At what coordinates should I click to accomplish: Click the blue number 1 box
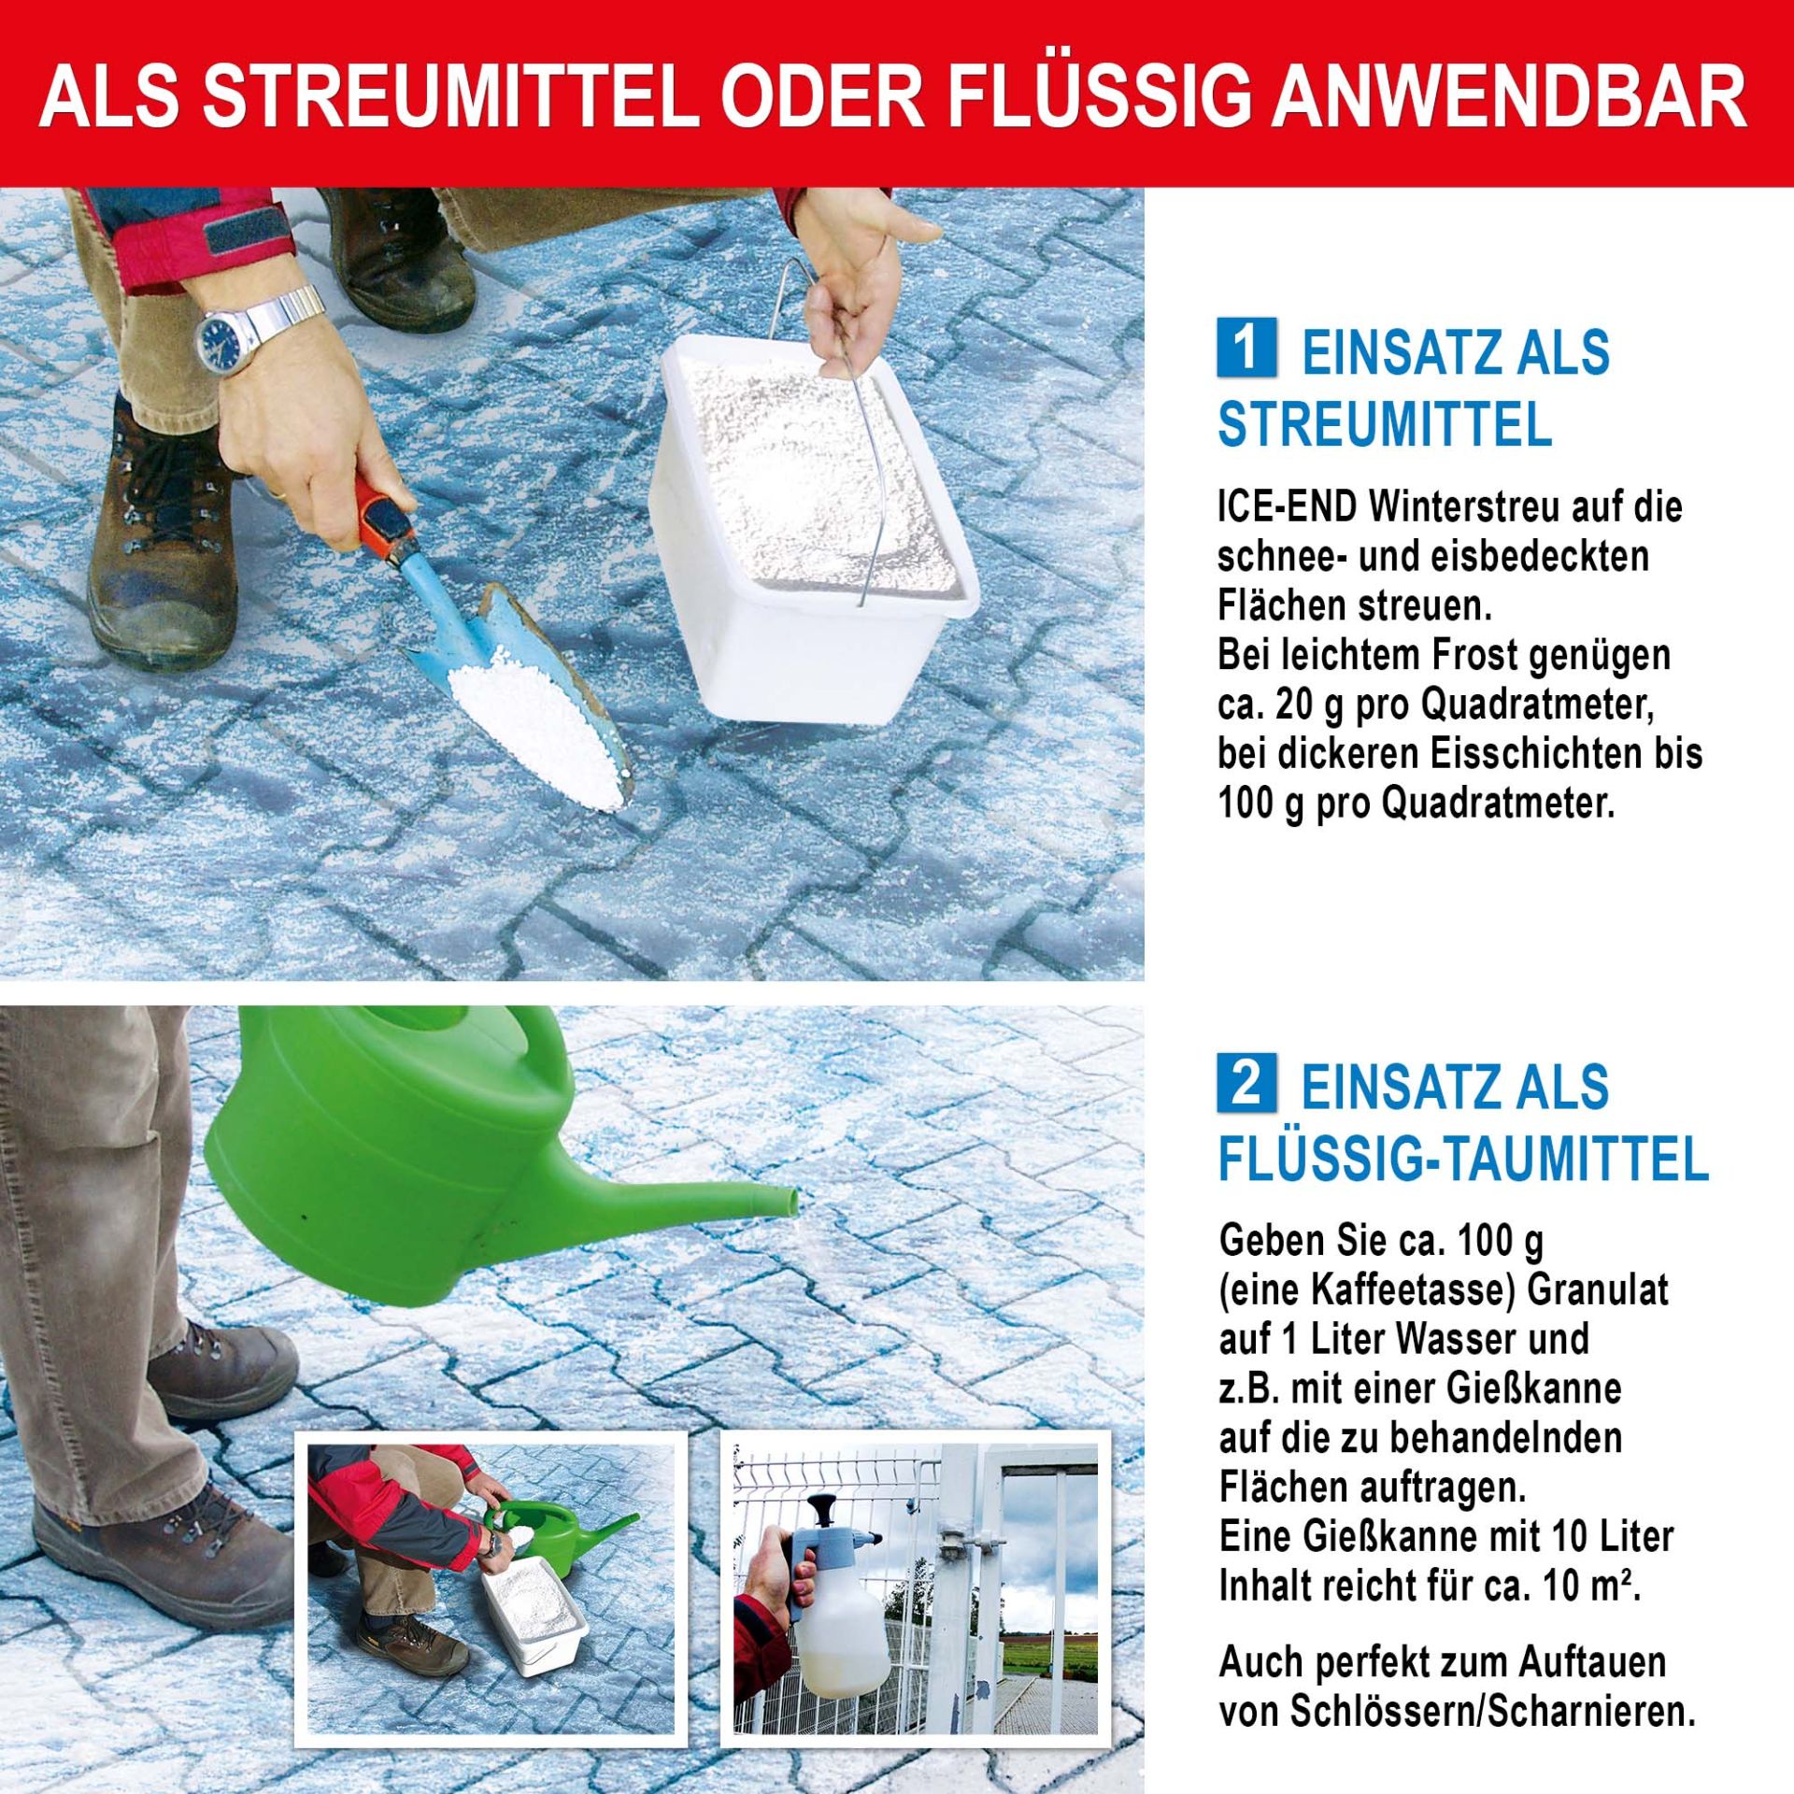(x=1246, y=348)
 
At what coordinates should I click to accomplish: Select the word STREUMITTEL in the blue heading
(x=1385, y=426)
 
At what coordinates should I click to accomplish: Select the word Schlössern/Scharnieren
(x=1494, y=1712)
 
